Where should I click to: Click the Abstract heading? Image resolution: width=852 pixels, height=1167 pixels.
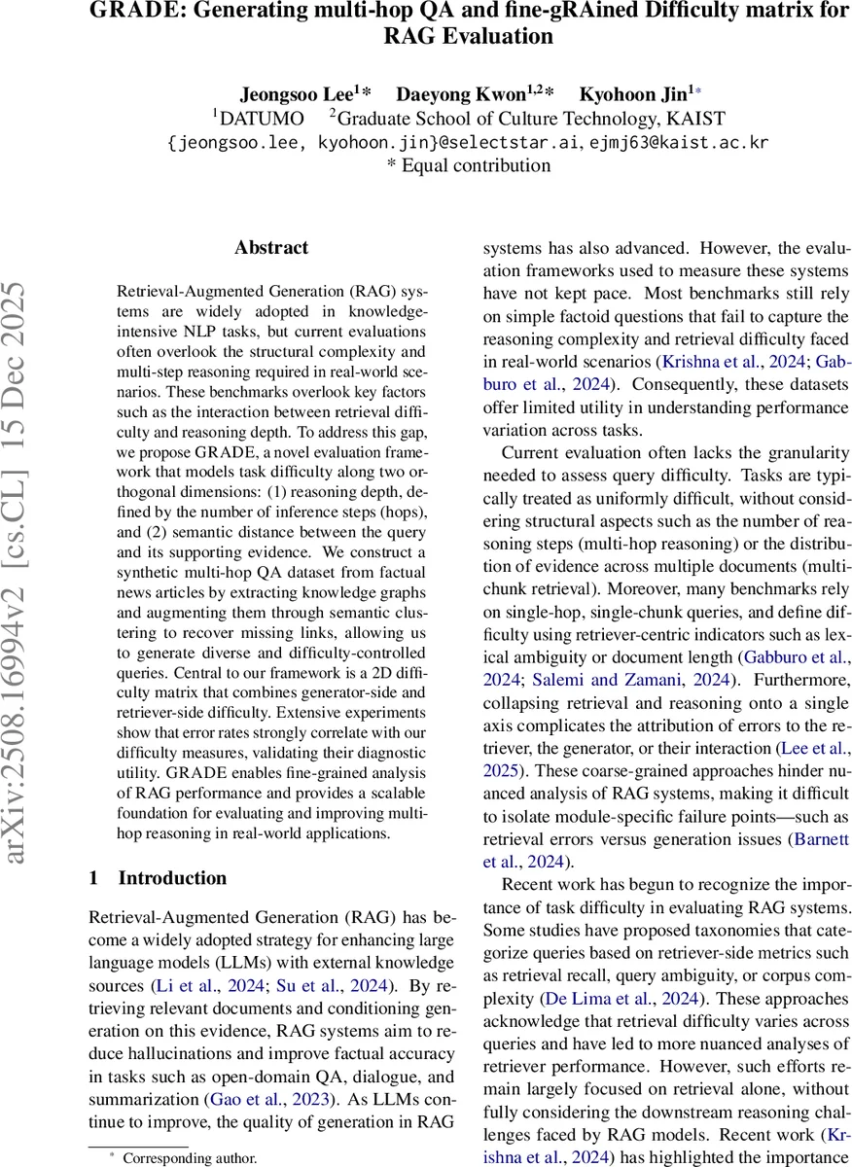click(x=270, y=248)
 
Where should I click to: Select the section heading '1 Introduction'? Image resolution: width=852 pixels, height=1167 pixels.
click(x=158, y=878)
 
